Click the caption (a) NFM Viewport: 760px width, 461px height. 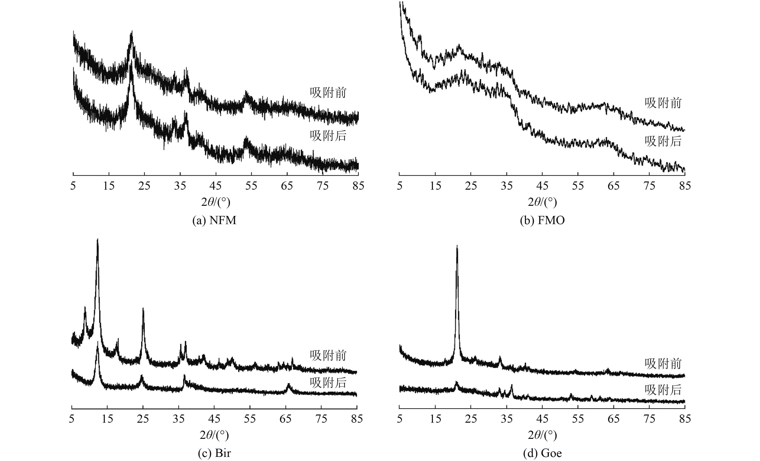tap(214, 220)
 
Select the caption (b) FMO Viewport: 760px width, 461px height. tap(542, 220)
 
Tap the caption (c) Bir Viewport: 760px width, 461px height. tap(214, 453)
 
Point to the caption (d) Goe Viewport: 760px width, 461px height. tap(542, 453)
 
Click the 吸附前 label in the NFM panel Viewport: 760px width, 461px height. tap(328, 93)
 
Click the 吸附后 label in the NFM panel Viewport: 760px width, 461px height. tap(328, 136)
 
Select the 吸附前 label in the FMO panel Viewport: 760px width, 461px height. tap(663, 103)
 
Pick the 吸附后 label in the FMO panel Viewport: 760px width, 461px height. tap(663, 141)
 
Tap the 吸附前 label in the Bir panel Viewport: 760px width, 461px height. tap(328, 355)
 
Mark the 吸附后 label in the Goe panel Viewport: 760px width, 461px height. tap(663, 390)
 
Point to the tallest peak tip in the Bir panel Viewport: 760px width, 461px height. tap(97, 240)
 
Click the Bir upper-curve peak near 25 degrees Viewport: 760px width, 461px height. tap(143, 308)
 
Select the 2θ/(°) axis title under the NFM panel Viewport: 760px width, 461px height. tap(216, 202)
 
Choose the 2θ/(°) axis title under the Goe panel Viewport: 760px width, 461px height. tap(542, 435)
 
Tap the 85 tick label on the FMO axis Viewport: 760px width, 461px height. tap(685, 186)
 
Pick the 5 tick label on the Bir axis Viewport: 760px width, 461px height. tap(72, 419)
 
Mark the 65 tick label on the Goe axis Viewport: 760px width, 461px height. tap(614, 419)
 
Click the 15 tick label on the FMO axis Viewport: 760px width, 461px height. tap(435, 186)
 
